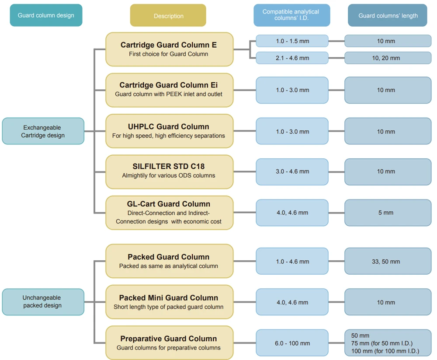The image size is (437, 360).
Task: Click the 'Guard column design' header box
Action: coord(46,15)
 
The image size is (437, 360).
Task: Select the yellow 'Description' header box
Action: coord(168,16)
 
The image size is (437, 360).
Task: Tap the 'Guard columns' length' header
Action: coord(388,15)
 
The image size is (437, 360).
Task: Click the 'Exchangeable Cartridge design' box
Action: coord(43,131)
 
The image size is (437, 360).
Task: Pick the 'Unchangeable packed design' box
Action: coord(43,302)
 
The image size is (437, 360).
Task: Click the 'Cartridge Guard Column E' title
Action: coord(169,45)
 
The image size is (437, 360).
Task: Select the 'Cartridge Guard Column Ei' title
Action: coord(169,85)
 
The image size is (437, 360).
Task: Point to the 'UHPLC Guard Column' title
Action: coord(169,127)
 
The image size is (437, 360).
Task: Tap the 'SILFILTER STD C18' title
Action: coord(169,167)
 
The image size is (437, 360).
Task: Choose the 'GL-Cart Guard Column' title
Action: coord(169,204)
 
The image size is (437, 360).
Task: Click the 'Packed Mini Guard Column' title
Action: coord(169,298)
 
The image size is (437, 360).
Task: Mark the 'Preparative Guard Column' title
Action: coord(169,339)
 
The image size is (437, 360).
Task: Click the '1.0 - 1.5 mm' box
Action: coord(292,41)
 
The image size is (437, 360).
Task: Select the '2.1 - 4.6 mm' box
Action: coord(292,58)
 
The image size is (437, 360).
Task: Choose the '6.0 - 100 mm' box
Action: coord(292,343)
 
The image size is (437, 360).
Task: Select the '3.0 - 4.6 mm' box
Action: coord(292,171)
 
